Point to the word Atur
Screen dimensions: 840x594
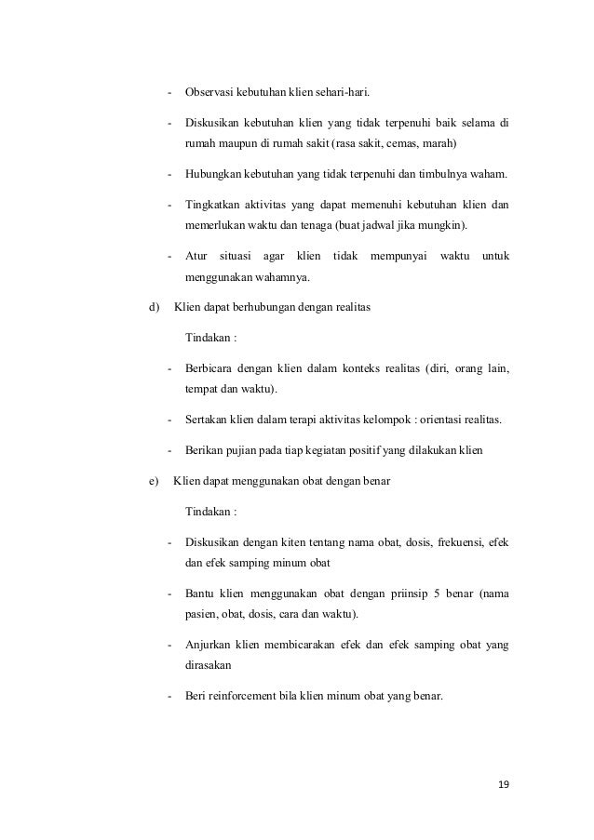coord(196,255)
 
